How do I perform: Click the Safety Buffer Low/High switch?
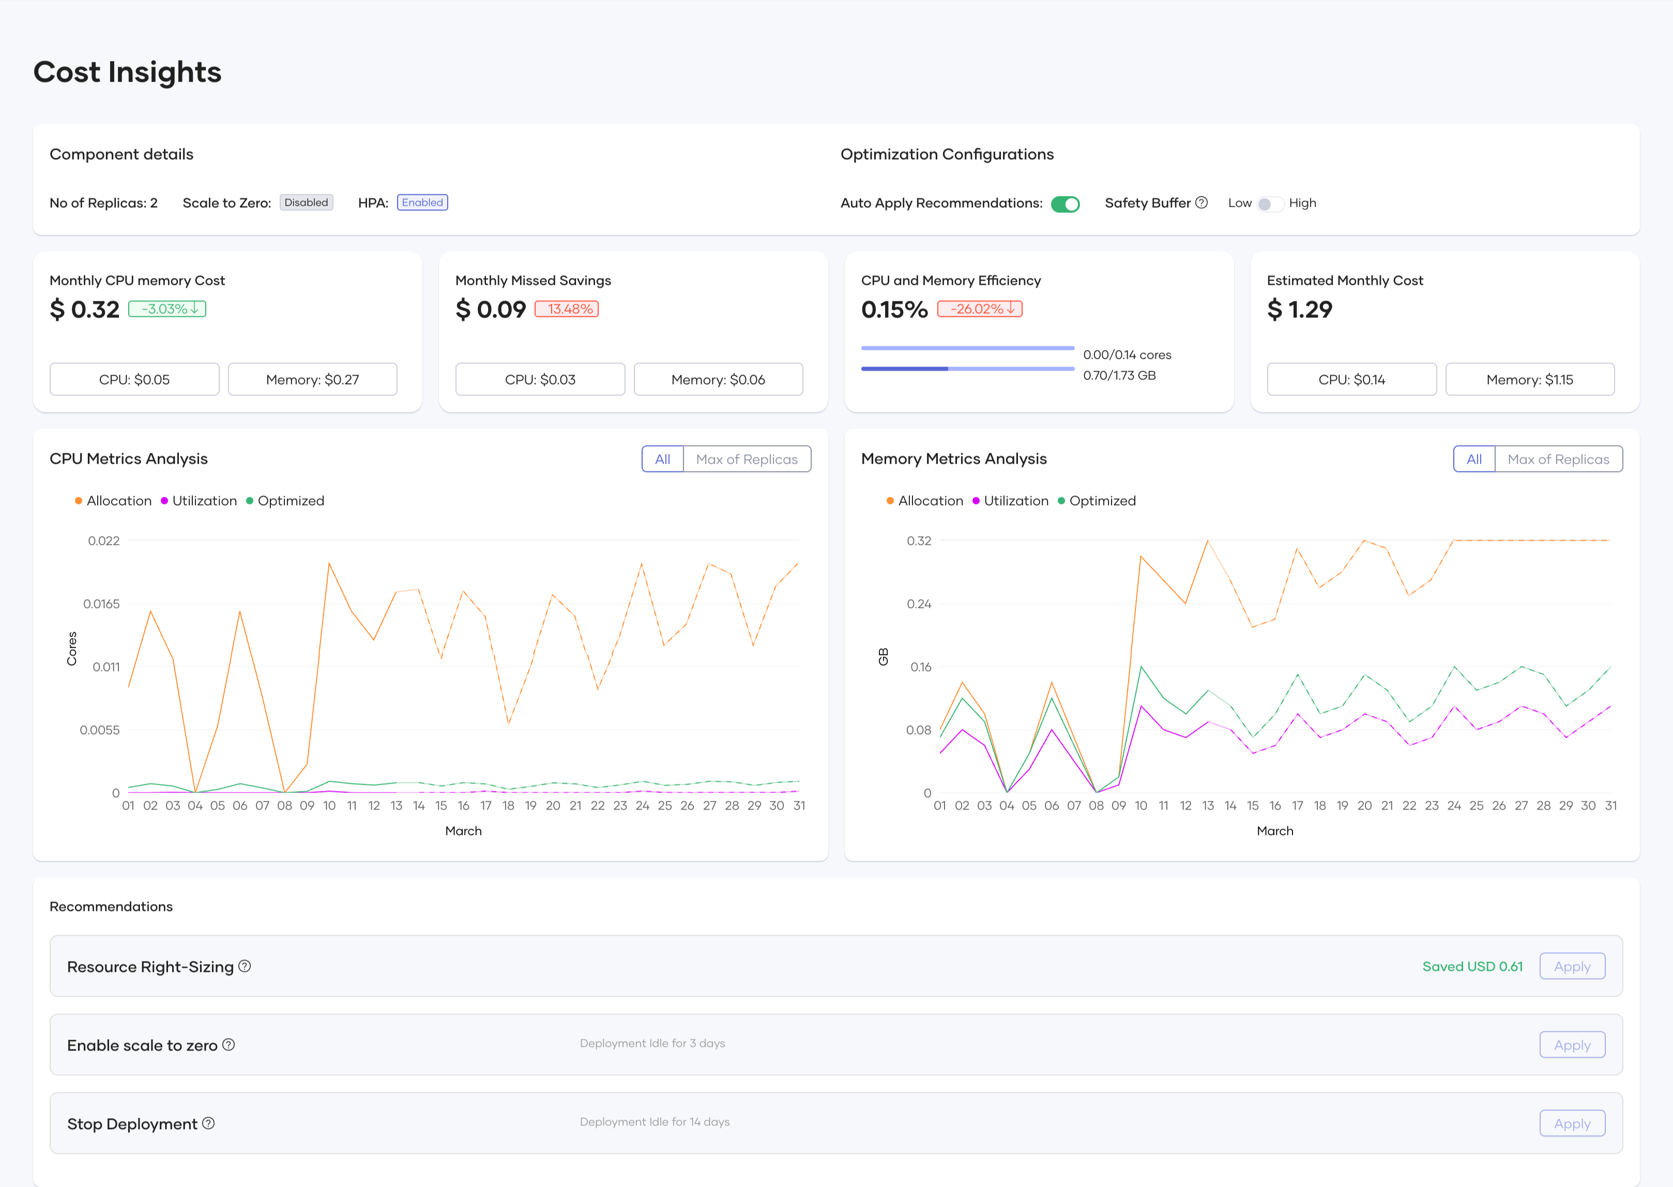(x=1270, y=204)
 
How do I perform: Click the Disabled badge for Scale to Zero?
(x=306, y=203)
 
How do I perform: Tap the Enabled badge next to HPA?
(x=422, y=203)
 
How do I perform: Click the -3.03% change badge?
(x=168, y=309)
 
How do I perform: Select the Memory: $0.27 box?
(x=312, y=379)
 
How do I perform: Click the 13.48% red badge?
(x=567, y=309)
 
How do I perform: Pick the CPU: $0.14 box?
(x=1351, y=379)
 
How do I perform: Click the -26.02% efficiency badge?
(x=979, y=309)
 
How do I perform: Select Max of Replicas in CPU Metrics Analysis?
(x=746, y=459)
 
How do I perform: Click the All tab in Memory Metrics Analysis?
(x=1473, y=459)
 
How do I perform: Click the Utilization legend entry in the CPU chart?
(x=199, y=500)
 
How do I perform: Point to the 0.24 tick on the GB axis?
(x=919, y=604)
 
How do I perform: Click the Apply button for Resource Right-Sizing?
(x=1571, y=966)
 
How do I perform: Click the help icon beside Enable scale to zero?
(x=229, y=1044)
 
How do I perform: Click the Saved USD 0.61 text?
(x=1472, y=966)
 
